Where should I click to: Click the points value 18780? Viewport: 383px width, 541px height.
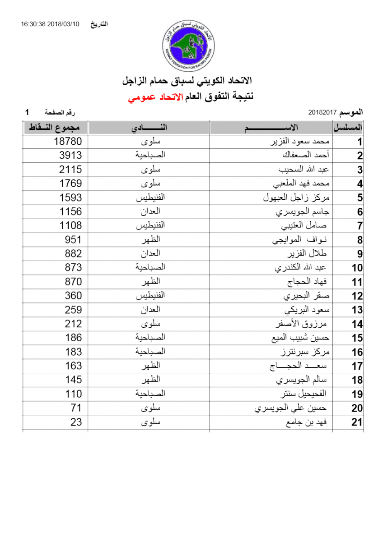(68, 142)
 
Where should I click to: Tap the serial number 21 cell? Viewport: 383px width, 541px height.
(357, 422)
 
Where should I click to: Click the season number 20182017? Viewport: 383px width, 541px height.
(322, 111)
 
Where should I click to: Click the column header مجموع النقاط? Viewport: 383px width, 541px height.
(56, 128)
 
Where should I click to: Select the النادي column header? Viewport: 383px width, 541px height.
(149, 128)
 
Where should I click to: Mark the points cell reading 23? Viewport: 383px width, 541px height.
(76, 422)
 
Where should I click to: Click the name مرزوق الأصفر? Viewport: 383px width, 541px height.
(301, 324)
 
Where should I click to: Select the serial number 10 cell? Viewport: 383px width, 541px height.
(357, 268)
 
